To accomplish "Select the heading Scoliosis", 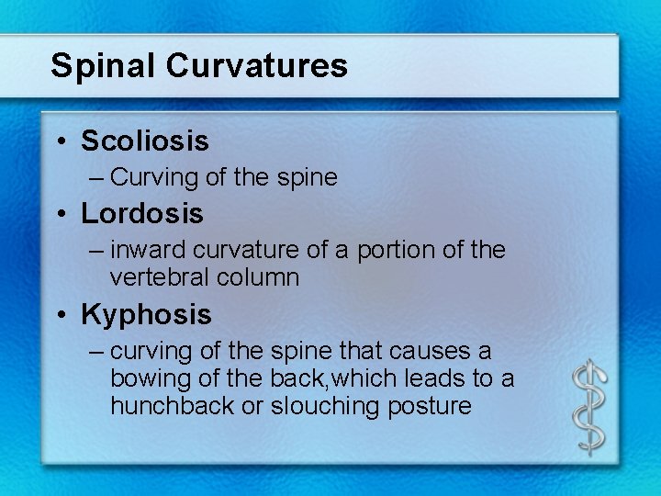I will pyautogui.click(x=145, y=141).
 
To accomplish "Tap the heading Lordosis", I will pyautogui.click(x=142, y=214).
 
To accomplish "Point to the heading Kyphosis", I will pyautogui.click(x=146, y=315).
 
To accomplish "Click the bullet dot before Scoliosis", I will pyautogui.click(x=60, y=141).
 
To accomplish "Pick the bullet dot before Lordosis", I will pyautogui.click(x=60, y=215).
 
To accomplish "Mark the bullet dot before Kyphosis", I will pyautogui.click(x=60, y=316).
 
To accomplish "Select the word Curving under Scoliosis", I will pyautogui.click(x=149, y=177).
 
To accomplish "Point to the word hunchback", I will pyautogui.click(x=170, y=406).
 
